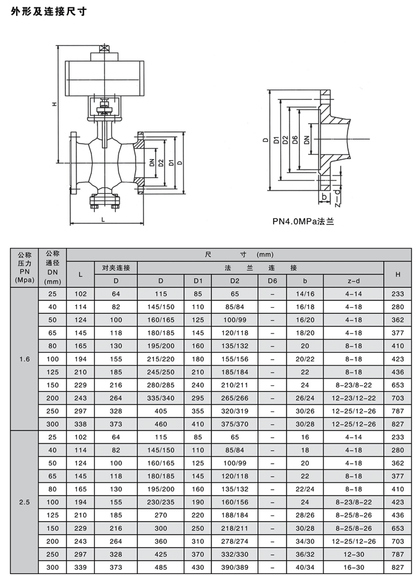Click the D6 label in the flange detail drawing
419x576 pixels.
click(x=295, y=141)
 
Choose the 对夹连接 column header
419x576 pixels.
click(x=116, y=267)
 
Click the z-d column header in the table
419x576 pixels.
click(x=353, y=281)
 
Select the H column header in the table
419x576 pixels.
click(x=398, y=274)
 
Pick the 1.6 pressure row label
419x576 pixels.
click(x=25, y=359)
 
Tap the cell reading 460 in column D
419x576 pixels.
click(x=161, y=424)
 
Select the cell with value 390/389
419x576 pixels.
click(x=235, y=567)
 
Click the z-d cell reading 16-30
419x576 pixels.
click(x=353, y=567)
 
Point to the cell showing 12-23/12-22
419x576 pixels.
click(x=353, y=398)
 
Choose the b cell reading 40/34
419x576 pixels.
click(x=305, y=567)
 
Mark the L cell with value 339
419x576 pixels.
click(x=80, y=567)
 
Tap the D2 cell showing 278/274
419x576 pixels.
click(x=235, y=541)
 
